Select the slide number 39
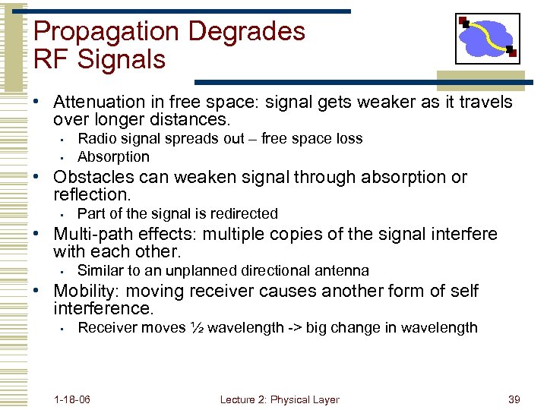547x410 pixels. click(513, 399)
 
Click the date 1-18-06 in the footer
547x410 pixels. click(72, 399)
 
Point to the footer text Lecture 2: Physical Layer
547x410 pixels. click(280, 399)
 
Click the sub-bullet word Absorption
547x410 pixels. click(113, 157)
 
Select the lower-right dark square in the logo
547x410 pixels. click(512, 53)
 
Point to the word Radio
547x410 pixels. click(96, 139)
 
